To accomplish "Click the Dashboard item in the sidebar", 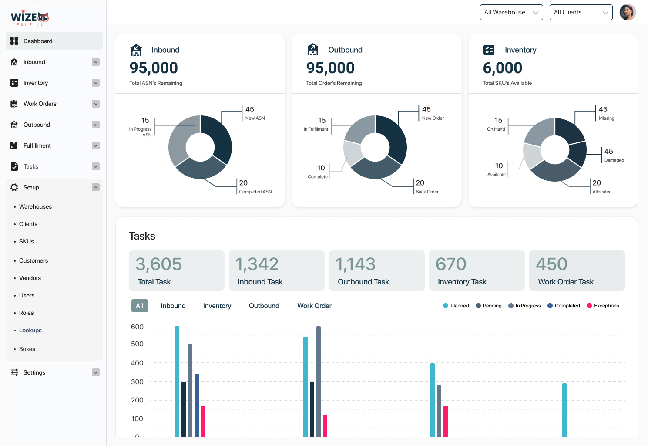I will coord(38,41).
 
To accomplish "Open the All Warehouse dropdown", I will coord(511,12).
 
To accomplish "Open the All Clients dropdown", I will coord(581,12).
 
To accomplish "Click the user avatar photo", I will coord(628,12).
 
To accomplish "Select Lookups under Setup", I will coord(30,330).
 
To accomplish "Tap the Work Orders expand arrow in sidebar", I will coord(96,104).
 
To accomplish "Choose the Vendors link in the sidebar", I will coord(30,278).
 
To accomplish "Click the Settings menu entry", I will coord(34,372).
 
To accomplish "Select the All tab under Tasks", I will coord(140,306).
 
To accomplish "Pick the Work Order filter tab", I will coord(314,306).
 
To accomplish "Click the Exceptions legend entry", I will coord(606,306).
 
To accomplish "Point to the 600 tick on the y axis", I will coord(137,327).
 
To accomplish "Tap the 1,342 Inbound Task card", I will coord(276,270).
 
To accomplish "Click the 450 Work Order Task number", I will coord(551,264).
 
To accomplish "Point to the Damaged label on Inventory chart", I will coord(614,160).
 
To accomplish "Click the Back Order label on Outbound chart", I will coord(427,192).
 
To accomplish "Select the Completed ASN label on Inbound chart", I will coord(255,192).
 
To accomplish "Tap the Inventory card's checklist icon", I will coord(489,50).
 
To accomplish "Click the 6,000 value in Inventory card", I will coord(502,68).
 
